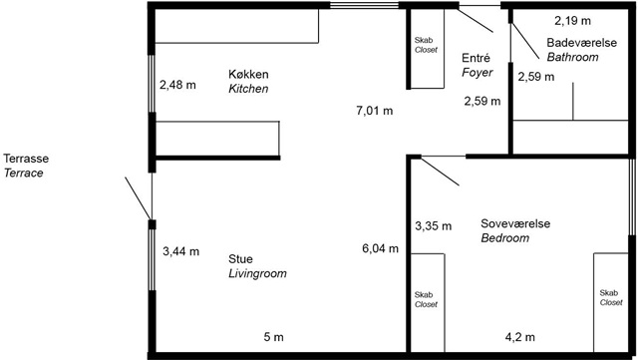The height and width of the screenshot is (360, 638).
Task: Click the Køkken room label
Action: click(x=248, y=75)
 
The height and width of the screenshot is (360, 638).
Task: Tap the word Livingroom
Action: click(x=257, y=273)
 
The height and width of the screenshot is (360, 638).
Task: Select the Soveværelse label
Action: click(x=515, y=223)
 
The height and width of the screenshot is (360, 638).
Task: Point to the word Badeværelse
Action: click(x=581, y=42)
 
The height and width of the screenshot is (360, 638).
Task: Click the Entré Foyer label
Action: click(x=477, y=65)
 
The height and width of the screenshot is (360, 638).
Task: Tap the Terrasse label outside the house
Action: click(x=26, y=159)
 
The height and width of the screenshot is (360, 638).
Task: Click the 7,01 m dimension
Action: click(x=375, y=111)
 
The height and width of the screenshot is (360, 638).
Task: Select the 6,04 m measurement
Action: click(x=381, y=248)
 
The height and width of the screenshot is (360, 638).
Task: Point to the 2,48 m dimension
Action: click(x=177, y=85)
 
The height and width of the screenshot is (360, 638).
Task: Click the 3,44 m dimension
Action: click(x=181, y=251)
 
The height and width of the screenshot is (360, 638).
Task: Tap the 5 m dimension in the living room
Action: click(x=273, y=337)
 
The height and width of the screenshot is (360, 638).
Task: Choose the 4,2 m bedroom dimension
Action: click(x=520, y=337)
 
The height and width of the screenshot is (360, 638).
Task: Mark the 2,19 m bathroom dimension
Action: click(x=572, y=20)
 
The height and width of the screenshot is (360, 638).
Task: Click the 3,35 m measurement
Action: click(x=434, y=225)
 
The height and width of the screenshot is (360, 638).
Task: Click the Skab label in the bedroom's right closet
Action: click(x=609, y=293)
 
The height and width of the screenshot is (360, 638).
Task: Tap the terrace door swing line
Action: click(x=139, y=198)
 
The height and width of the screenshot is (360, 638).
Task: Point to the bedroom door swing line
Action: click(x=441, y=172)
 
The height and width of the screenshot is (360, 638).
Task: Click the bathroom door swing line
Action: click(x=525, y=42)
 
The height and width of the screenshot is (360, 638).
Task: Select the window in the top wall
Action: click(x=364, y=5)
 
